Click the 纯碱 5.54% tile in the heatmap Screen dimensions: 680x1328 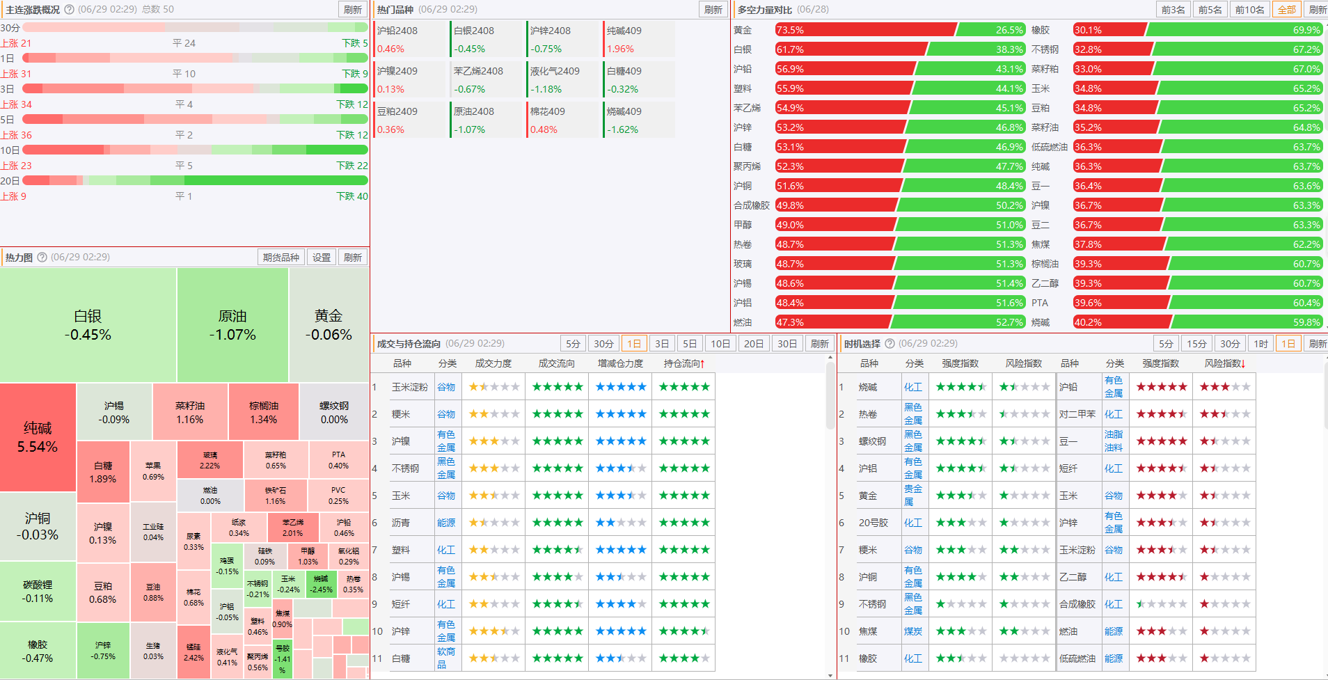coord(38,437)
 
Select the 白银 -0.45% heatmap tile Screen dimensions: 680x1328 coord(88,325)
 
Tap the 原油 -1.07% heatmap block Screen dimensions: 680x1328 coord(232,325)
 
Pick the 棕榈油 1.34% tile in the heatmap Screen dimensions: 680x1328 coord(264,412)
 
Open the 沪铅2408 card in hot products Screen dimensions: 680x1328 coord(409,40)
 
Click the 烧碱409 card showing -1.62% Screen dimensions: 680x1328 coord(639,120)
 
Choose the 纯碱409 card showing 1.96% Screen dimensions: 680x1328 coord(639,40)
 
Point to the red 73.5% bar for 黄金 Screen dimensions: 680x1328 coord(864,30)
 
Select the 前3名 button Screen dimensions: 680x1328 coord(1173,10)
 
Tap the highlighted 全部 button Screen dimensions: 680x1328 coord(1287,10)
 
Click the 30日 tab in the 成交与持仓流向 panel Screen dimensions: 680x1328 coord(787,344)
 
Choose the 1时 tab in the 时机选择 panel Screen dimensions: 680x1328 coord(1260,344)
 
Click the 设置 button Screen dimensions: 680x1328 coord(322,258)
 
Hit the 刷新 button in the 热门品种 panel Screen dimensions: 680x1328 coord(713,10)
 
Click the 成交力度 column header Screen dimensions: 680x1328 coord(493,363)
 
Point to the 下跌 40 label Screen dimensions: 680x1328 coord(352,196)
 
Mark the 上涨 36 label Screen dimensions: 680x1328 coord(16,135)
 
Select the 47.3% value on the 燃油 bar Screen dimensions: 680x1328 coord(790,322)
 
